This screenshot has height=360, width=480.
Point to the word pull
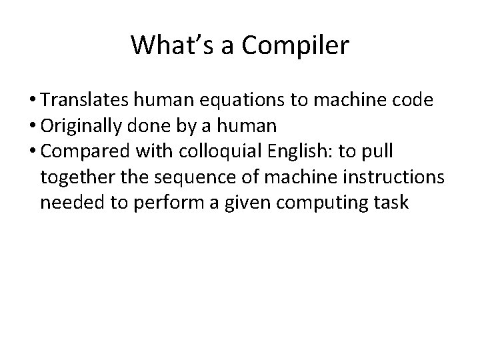379,151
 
